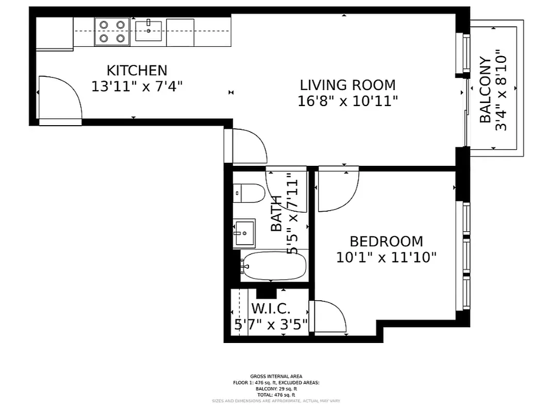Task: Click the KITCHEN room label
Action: tap(137, 70)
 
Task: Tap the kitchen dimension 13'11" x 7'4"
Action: tap(137, 86)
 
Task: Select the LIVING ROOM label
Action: tap(347, 84)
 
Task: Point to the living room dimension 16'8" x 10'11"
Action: tap(347, 101)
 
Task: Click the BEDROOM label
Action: tap(386, 241)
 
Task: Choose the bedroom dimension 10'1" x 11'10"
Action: tap(386, 257)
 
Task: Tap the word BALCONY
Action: tap(485, 90)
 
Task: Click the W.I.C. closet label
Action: tap(271, 309)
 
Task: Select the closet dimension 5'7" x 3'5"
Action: tap(271, 324)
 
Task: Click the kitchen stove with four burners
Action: tap(112, 31)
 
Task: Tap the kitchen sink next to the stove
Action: tap(148, 31)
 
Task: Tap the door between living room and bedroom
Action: tap(338, 190)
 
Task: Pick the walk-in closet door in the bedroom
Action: tap(329, 318)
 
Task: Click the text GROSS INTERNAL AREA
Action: tap(276, 376)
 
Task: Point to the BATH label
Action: tap(277, 213)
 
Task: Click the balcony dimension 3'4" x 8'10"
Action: tap(501, 90)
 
